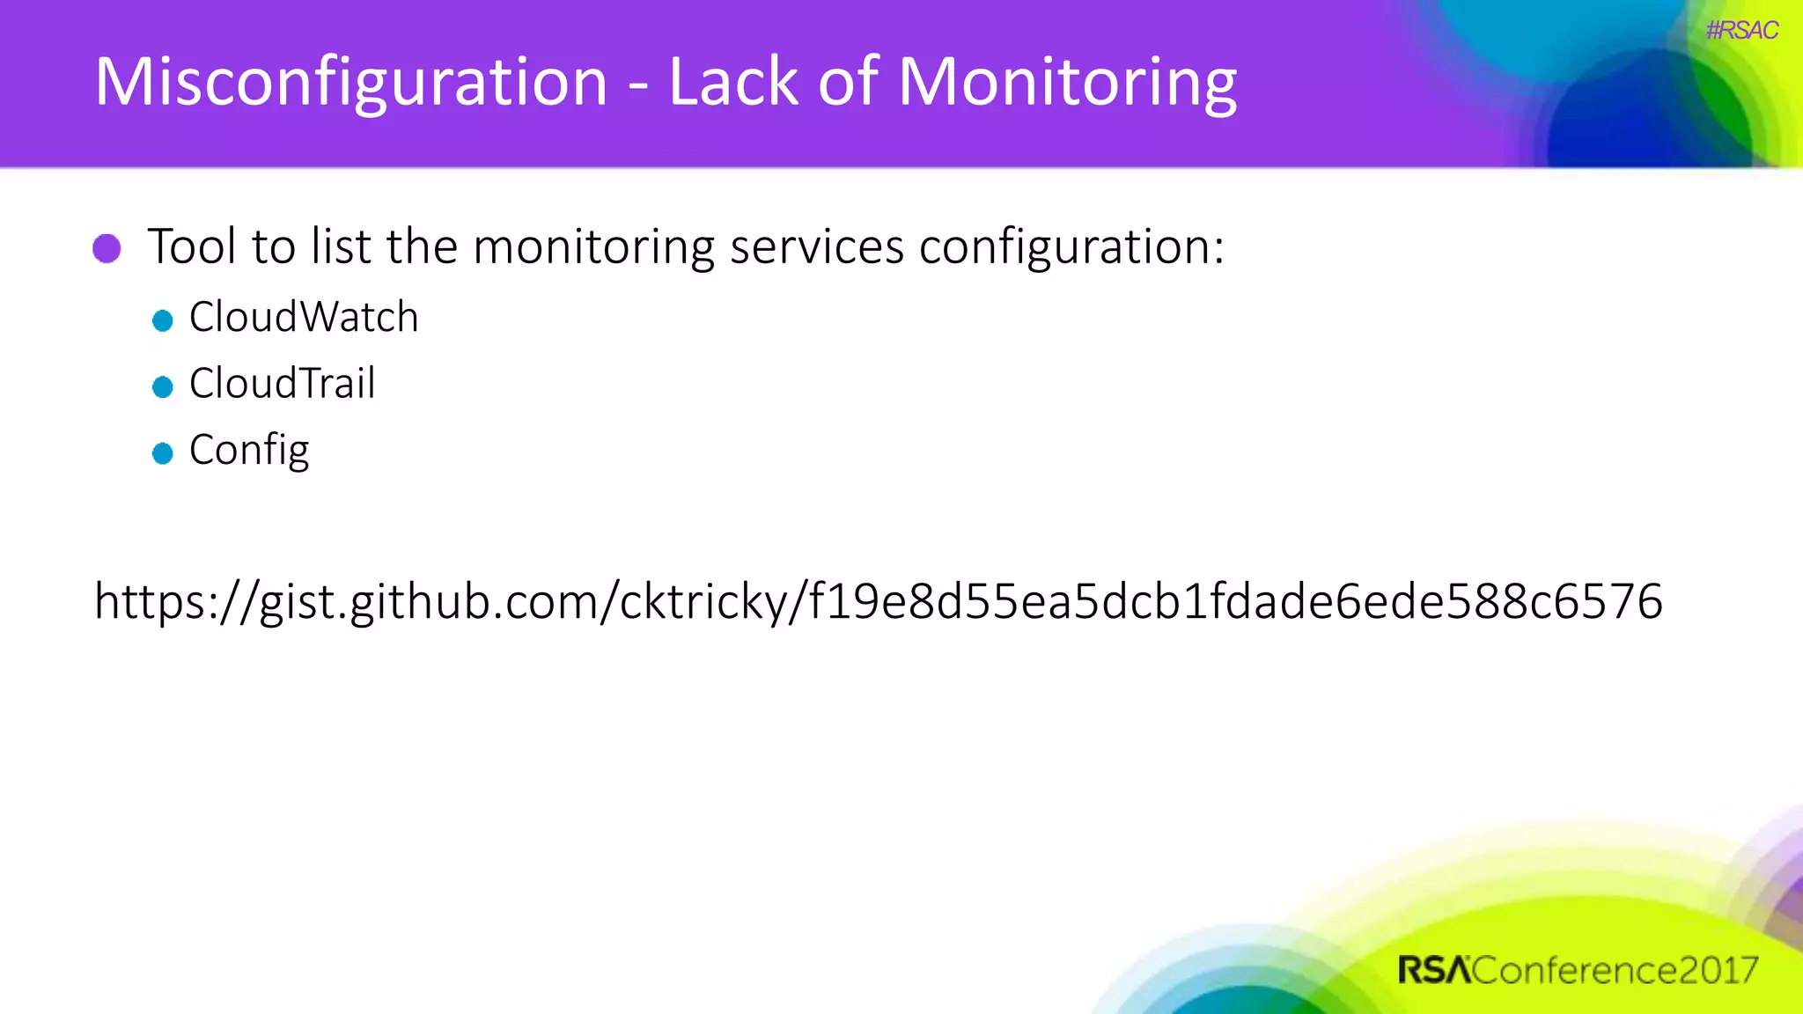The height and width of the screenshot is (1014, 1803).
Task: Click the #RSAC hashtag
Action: (1741, 31)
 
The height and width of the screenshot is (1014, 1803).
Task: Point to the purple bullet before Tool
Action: (107, 248)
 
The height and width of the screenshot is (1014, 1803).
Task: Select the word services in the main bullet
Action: (816, 246)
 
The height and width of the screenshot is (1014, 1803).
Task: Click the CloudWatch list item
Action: (303, 317)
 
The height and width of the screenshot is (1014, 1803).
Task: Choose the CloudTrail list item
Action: (282, 384)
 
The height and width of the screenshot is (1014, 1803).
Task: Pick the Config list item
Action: (249, 451)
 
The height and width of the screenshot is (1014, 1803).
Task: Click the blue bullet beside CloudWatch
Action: (162, 320)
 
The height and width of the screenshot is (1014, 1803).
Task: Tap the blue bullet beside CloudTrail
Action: (162, 386)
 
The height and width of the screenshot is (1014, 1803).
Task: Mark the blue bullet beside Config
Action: (162, 453)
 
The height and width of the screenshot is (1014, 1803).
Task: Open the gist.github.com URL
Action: (878, 602)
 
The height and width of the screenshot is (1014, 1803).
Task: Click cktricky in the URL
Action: (703, 602)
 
